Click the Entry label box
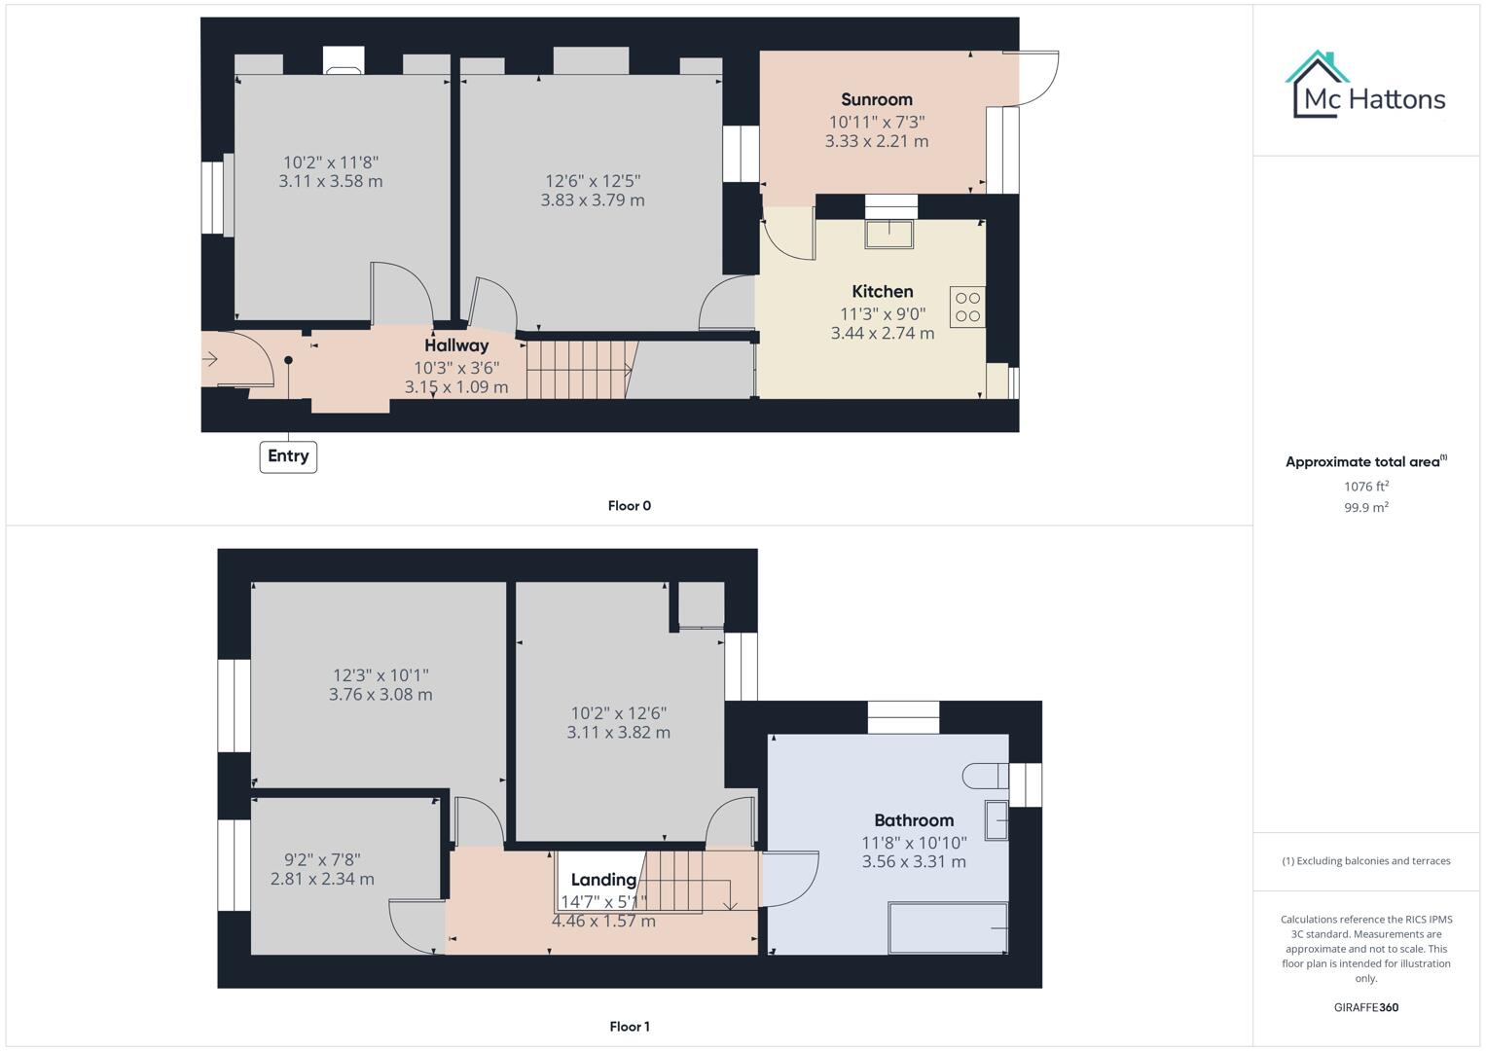coord(288,456)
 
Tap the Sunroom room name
coord(876,99)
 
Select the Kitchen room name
coord(882,291)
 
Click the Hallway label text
coord(455,345)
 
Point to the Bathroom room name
coord(913,820)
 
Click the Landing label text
coord(603,880)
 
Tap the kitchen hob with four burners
coord(967,307)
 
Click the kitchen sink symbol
coord(890,235)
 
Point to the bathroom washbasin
coord(996,819)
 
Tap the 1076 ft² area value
coord(1365,487)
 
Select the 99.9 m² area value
coord(1365,507)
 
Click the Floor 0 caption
coord(629,506)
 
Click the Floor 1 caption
coord(629,1027)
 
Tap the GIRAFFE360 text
coord(1365,1007)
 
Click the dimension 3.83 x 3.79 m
coord(592,200)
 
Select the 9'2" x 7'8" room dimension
coord(322,860)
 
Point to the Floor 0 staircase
coord(579,370)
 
